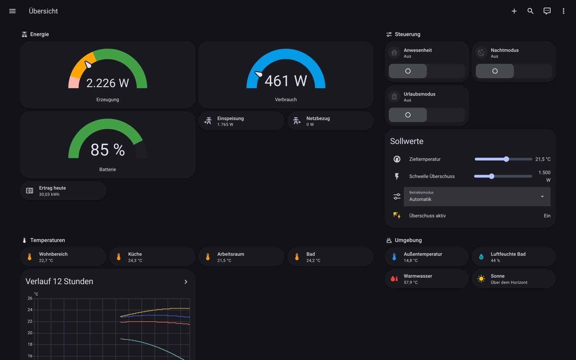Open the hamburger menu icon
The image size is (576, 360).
pyautogui.click(x=12, y=11)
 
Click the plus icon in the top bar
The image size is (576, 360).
pyautogui.click(x=514, y=11)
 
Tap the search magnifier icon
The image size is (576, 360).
pyautogui.click(x=531, y=11)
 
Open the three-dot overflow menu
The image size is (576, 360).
pyautogui.click(x=563, y=11)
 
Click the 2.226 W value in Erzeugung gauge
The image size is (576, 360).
pyautogui.click(x=108, y=83)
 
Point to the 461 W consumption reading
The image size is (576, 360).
pyautogui.click(x=286, y=81)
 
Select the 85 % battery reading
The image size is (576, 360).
pyautogui.click(x=108, y=150)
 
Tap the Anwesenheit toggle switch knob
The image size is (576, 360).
pyautogui.click(x=408, y=71)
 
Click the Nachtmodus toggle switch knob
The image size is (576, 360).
pyautogui.click(x=495, y=71)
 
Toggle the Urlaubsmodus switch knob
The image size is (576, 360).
pyautogui.click(x=408, y=115)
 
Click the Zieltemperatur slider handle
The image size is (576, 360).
pyautogui.click(x=506, y=159)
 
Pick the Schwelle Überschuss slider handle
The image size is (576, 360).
pyautogui.click(x=492, y=176)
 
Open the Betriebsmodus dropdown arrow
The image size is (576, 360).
pyautogui.click(x=542, y=197)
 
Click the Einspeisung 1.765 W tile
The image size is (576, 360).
pyautogui.click(x=241, y=121)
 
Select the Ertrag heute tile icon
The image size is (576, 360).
pyautogui.click(x=30, y=190)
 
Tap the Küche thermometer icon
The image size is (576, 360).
pyautogui.click(x=118, y=257)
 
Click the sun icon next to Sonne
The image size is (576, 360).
pyautogui.click(x=481, y=279)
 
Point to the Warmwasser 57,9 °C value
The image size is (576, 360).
pyautogui.click(x=411, y=282)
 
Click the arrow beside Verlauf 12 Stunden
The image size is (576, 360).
pyautogui.click(x=186, y=282)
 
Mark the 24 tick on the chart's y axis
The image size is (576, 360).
pyautogui.click(x=30, y=310)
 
